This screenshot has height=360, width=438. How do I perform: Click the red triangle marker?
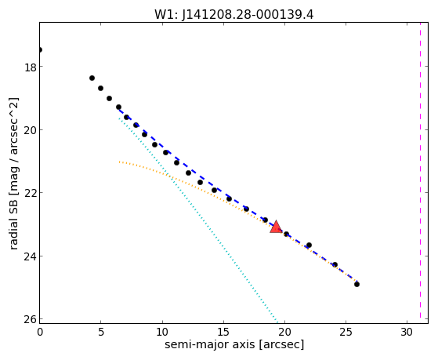point(276,227)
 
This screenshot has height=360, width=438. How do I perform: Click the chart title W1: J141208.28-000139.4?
point(234,15)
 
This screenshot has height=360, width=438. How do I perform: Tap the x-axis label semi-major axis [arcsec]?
point(234,344)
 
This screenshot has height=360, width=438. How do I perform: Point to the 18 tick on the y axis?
point(31,67)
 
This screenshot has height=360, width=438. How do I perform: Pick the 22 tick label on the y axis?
point(31,194)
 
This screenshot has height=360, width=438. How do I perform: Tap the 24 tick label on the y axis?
point(31,256)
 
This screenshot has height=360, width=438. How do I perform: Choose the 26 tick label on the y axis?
point(31,320)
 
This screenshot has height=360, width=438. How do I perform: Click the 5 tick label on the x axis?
point(101,332)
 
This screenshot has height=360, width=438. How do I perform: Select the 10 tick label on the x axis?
point(162,332)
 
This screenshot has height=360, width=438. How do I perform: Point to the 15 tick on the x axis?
point(223,332)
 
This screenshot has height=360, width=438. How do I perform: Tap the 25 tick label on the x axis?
point(346,332)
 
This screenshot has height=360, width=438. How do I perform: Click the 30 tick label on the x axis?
point(407,332)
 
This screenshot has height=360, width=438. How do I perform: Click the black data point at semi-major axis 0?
point(40,49)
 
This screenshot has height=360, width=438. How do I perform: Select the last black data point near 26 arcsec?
point(357,284)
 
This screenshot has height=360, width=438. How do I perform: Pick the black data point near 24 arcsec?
point(335,264)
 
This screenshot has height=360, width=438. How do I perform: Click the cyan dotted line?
point(198,220)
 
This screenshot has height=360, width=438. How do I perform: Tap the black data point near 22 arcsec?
point(309,245)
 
